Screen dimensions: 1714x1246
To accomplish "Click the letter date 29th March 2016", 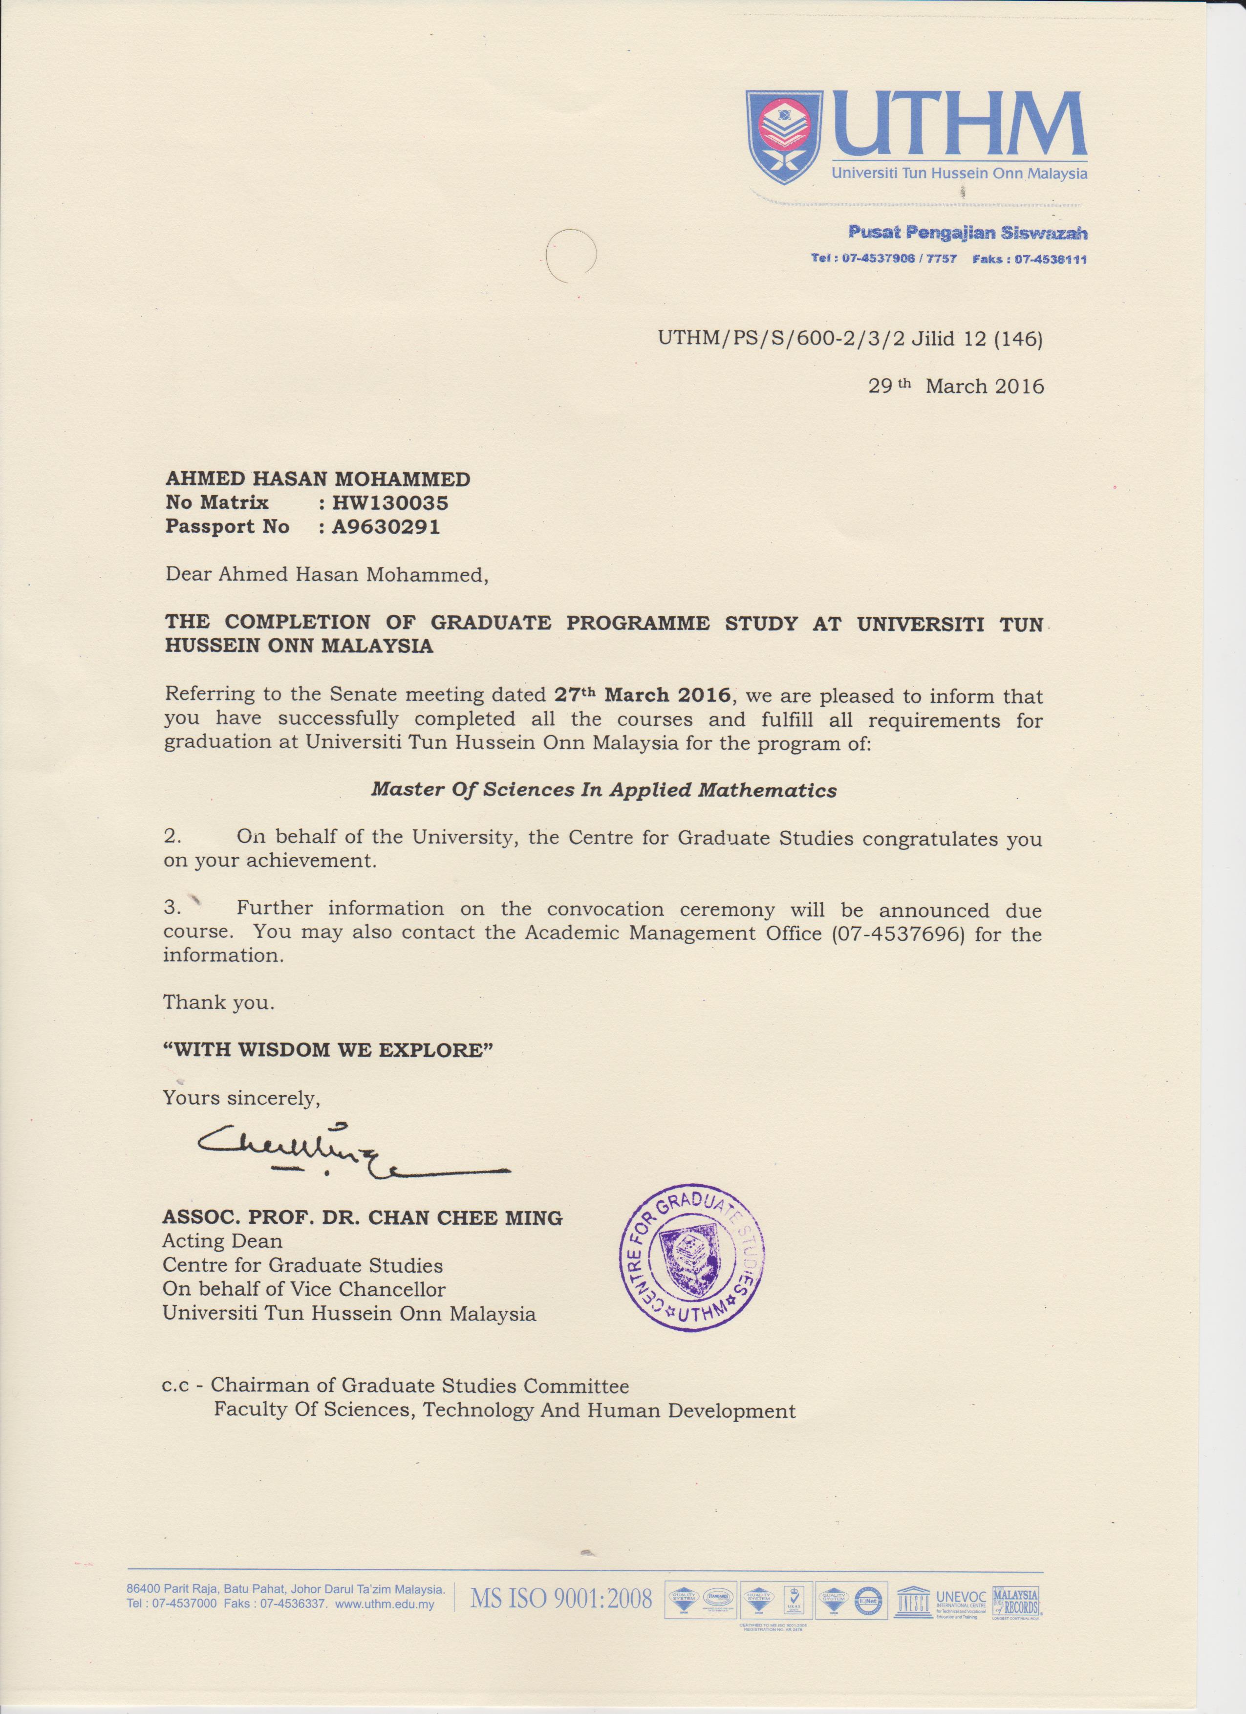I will (955, 386).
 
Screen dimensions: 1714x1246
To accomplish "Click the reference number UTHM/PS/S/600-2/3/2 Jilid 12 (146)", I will (850, 339).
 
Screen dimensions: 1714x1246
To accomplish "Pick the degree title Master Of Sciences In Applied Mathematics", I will (603, 790).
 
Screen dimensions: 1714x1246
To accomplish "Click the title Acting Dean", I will (222, 1240).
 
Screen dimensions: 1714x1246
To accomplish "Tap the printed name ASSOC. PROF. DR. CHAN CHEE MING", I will (362, 1217).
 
